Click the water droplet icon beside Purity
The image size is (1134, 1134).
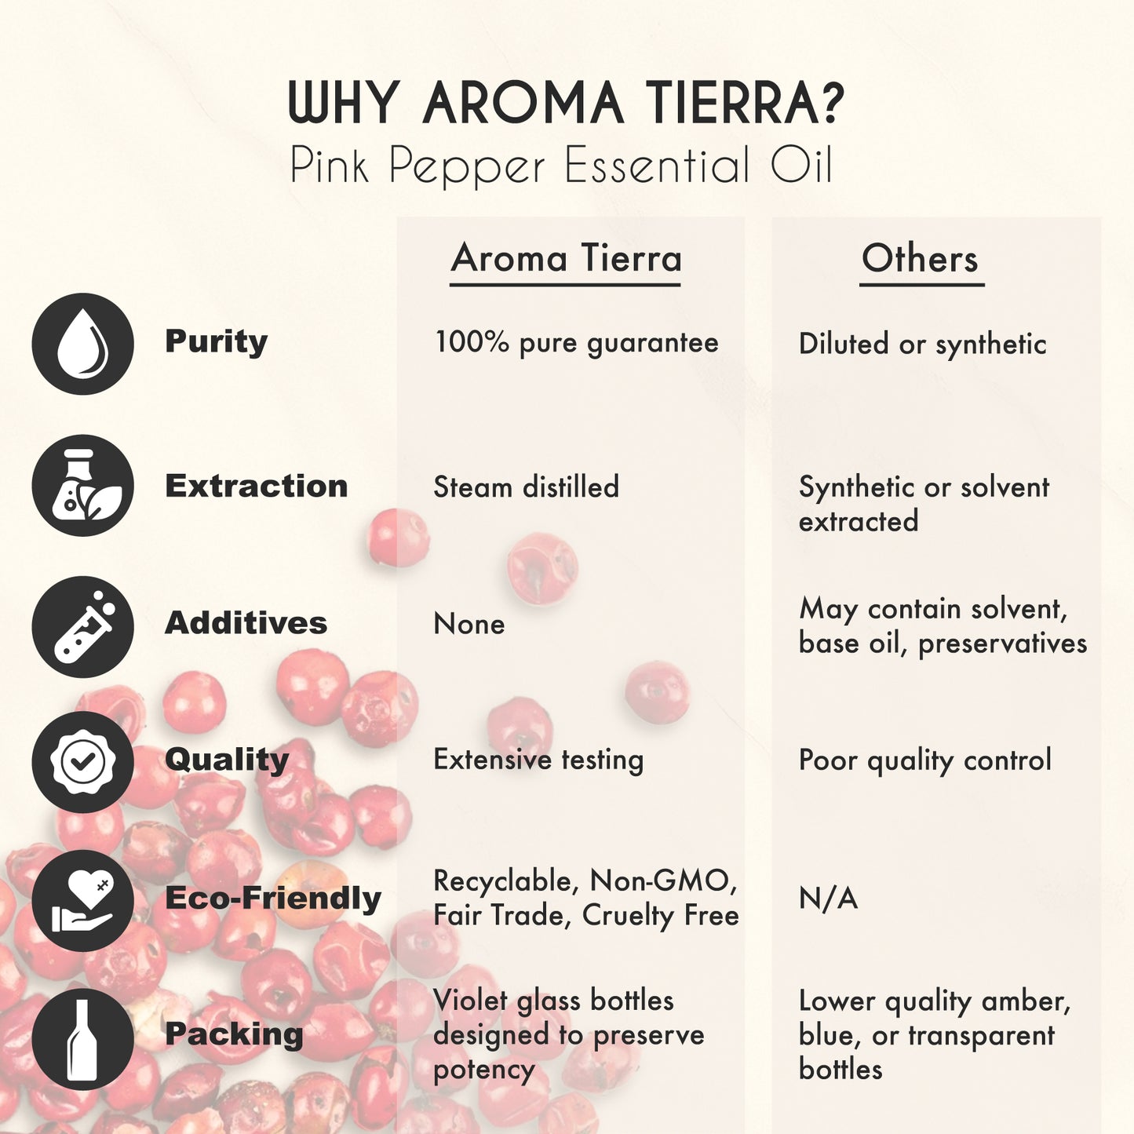click(82, 344)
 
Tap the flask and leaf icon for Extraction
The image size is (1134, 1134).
click(82, 486)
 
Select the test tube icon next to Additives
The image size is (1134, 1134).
click(82, 627)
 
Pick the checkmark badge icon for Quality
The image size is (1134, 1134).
click(82, 762)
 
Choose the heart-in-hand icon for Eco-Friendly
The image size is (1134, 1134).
click(82, 900)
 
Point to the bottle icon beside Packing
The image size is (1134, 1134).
click(82, 1039)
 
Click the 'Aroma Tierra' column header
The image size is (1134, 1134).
click(566, 259)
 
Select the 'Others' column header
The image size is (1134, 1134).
click(920, 259)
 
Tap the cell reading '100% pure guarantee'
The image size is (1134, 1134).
click(576, 343)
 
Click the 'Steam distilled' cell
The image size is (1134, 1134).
click(526, 487)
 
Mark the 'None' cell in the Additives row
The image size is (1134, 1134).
click(469, 624)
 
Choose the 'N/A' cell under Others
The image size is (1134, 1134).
click(828, 899)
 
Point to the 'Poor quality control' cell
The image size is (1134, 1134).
click(924, 760)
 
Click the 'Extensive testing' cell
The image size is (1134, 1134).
click(538, 760)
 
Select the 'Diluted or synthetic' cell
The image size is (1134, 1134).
click(922, 344)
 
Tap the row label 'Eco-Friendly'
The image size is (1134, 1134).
click(272, 899)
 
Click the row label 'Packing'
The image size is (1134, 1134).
click(233, 1034)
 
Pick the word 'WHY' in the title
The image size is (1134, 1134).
click(344, 104)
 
